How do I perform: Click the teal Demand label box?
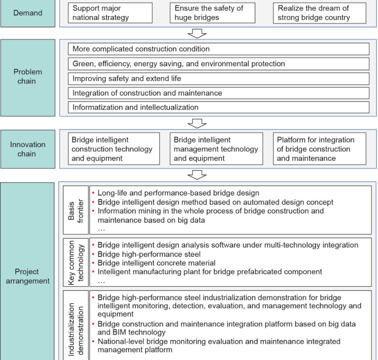(28, 13)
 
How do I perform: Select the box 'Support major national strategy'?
(110, 13)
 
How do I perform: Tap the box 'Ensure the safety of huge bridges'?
(213, 13)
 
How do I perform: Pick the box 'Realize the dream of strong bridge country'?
(319, 13)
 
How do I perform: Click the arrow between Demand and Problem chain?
(197, 33)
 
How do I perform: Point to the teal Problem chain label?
(28, 78)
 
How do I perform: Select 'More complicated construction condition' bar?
(219, 49)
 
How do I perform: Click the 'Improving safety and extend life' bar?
(219, 78)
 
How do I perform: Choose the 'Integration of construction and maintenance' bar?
(219, 93)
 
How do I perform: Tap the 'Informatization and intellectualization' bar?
(219, 107)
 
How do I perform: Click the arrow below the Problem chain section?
(197, 123)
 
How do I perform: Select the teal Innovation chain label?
(28, 149)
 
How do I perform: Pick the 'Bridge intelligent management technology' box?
(216, 149)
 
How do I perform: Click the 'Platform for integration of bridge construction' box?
(319, 149)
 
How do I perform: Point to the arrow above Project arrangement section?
(197, 175)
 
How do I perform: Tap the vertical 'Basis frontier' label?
(76, 210)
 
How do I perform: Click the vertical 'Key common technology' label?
(76, 262)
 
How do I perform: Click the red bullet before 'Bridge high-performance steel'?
(93, 254)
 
